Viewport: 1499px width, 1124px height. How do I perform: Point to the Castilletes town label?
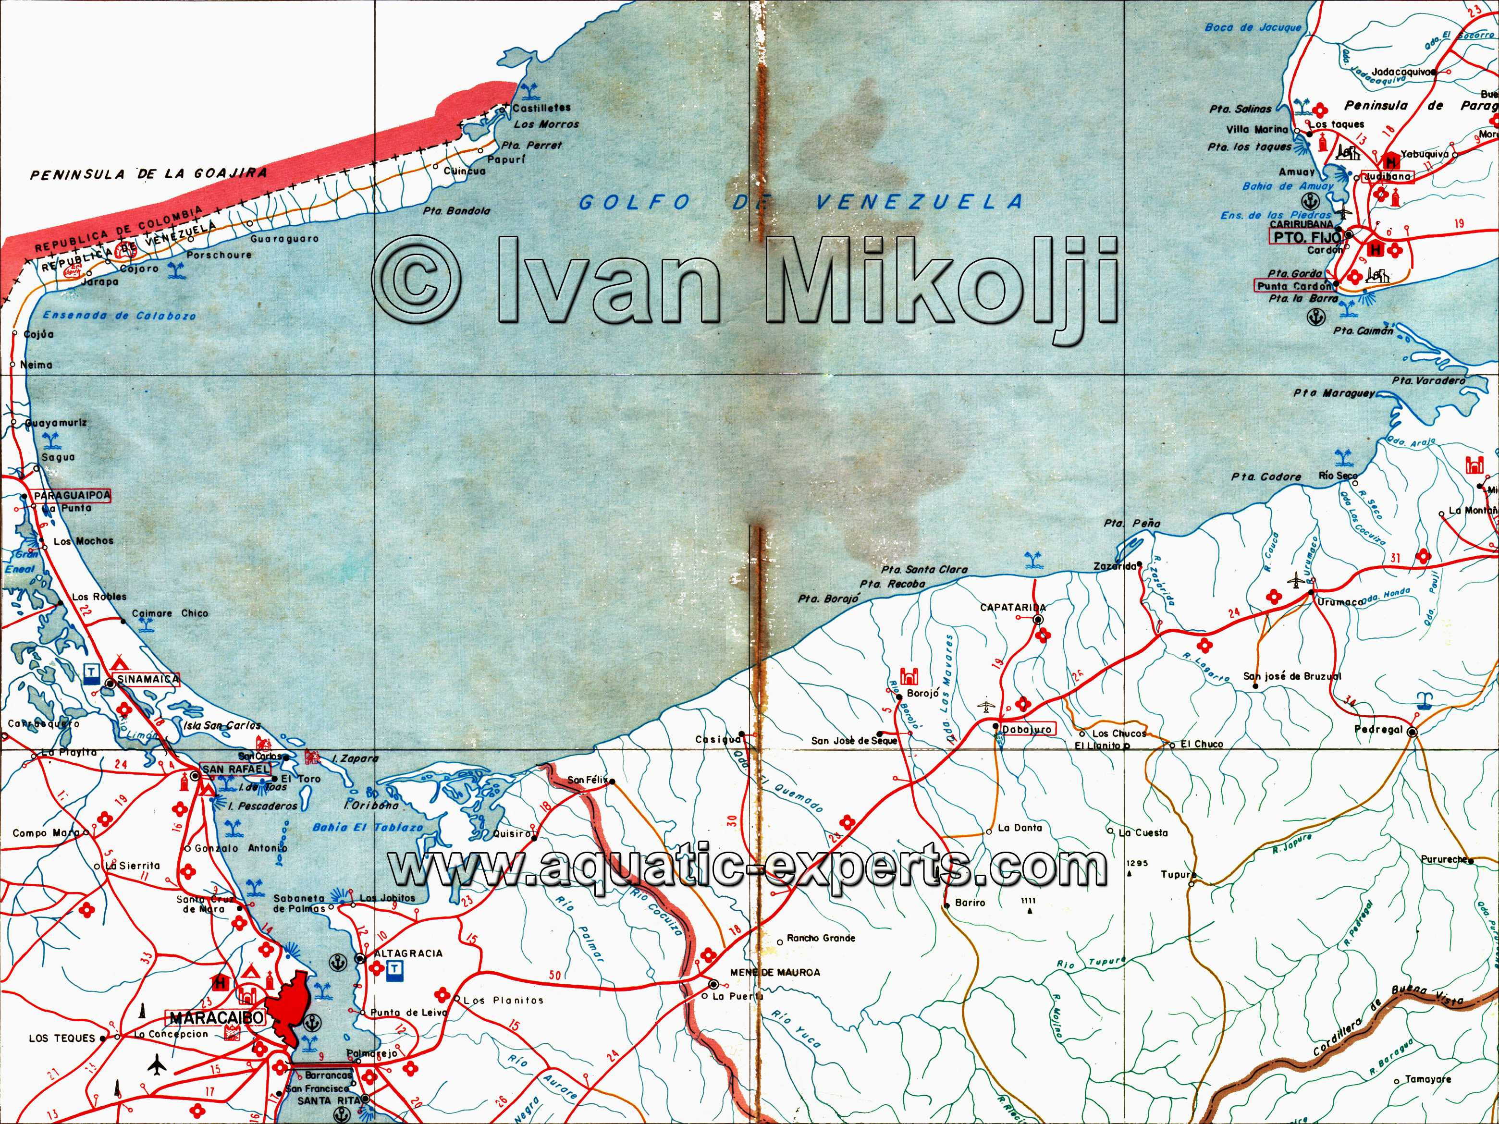tap(541, 108)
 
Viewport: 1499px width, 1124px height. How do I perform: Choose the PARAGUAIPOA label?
tap(71, 496)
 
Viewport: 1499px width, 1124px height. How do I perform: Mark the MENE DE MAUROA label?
tap(774, 972)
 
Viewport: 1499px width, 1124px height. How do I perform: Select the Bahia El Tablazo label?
tap(368, 827)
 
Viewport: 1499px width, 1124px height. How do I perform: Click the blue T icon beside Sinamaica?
tap(90, 672)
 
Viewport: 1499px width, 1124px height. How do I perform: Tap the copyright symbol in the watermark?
tap(417, 279)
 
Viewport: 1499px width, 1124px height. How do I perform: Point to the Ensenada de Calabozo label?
tap(119, 316)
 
